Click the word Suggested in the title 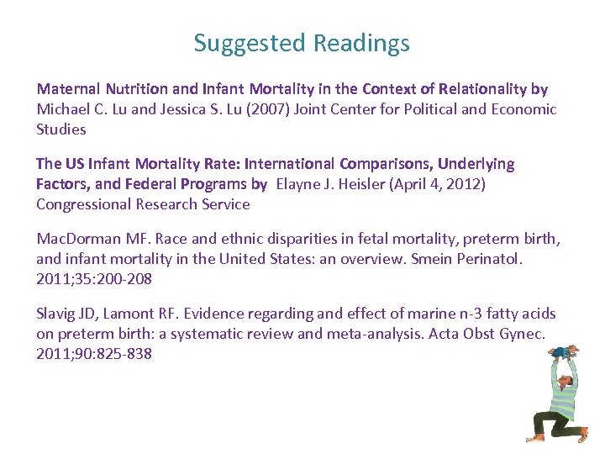coord(250,43)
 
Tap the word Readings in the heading coord(363,43)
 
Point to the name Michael coord(63,108)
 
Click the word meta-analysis coord(332,333)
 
